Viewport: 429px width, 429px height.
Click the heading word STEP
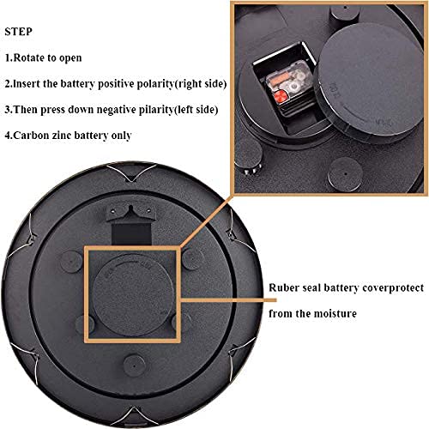coord(18,32)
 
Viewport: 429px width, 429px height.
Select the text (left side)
coord(196,110)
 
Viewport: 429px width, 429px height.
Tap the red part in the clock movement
coord(281,95)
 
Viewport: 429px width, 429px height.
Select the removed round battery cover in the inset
coord(370,83)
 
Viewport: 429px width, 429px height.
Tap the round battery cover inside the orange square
coord(133,295)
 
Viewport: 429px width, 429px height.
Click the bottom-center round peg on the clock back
coord(135,366)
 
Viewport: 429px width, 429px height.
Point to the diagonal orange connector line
coord(206,221)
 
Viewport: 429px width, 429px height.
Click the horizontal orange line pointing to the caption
coord(229,300)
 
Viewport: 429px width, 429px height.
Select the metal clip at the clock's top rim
coord(131,172)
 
